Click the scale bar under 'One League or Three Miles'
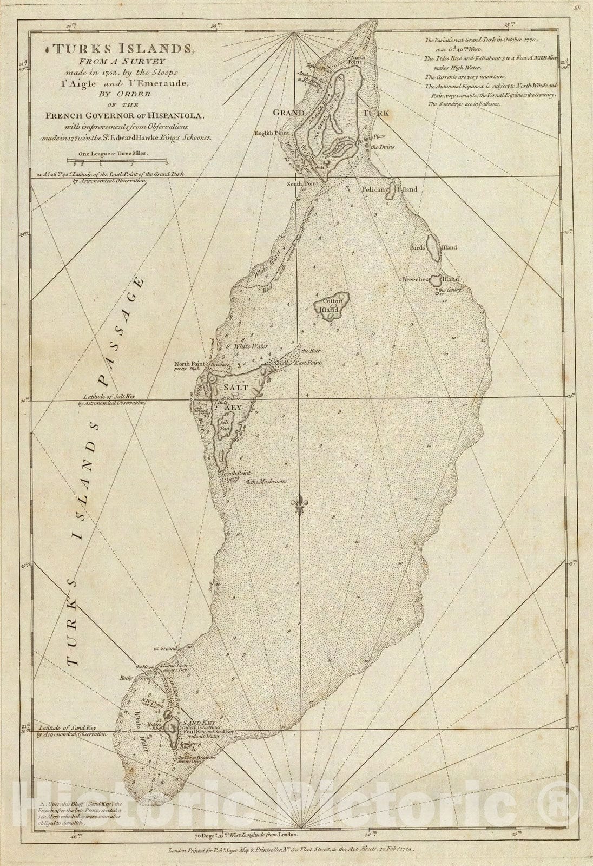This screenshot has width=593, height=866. point(117,161)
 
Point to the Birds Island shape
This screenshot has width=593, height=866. point(433,247)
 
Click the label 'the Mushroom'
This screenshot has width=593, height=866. point(267,481)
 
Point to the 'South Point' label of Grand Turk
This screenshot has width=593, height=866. point(301,183)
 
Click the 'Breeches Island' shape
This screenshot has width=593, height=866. point(436,280)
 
